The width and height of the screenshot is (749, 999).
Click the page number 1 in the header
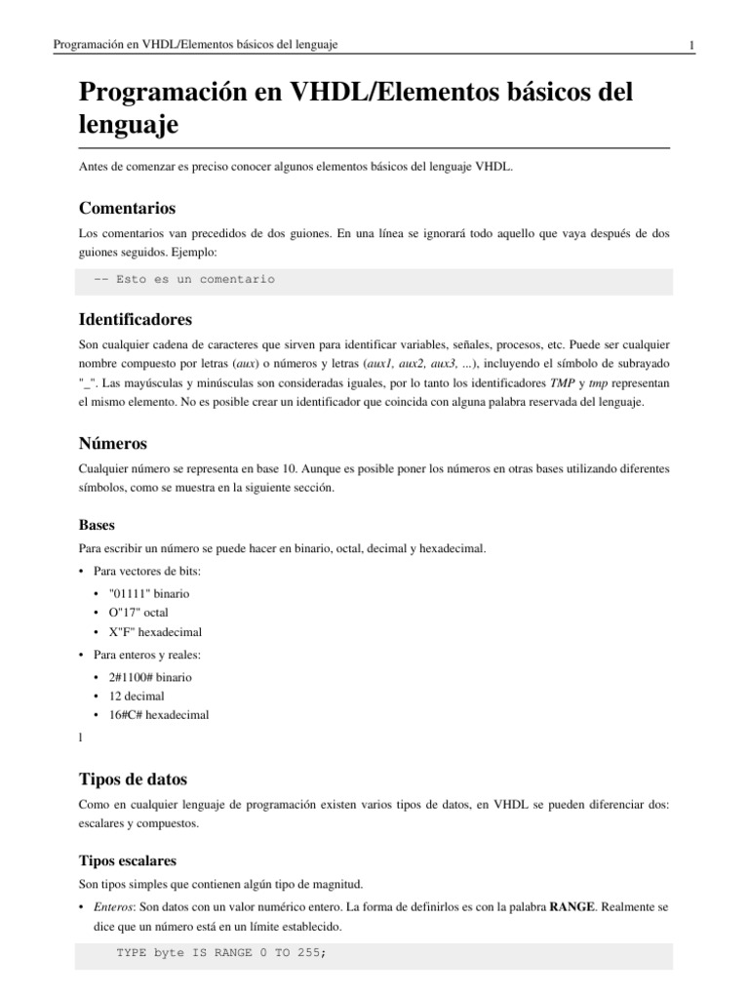690,45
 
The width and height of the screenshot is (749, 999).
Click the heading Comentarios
127,208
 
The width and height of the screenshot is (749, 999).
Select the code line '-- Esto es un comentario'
184,279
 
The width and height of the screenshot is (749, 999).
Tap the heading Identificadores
135,319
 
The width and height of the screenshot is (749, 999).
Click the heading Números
112,443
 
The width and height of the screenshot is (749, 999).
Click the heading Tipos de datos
132,779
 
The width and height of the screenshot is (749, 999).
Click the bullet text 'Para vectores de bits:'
146,570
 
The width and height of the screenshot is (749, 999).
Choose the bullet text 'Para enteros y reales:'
148,654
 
